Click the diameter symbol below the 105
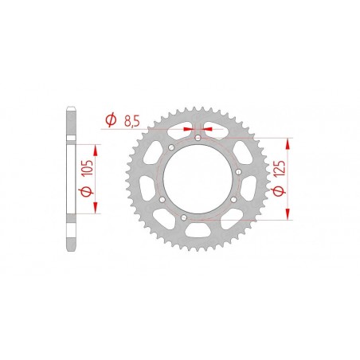(x=89, y=194)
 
